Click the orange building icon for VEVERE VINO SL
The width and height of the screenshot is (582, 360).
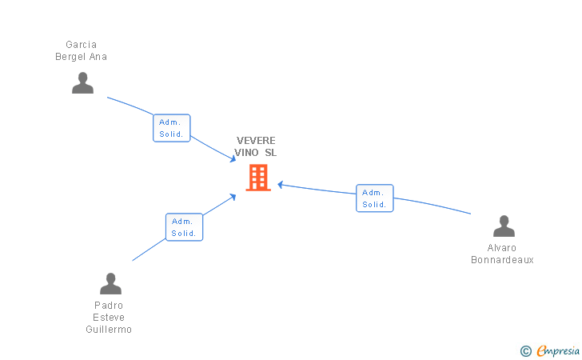tap(258, 178)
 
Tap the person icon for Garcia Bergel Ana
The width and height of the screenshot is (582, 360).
tap(82, 83)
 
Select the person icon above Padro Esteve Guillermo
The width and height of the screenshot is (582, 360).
tap(110, 283)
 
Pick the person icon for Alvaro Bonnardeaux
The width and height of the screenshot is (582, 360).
tap(504, 226)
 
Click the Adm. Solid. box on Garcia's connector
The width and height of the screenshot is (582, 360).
tap(171, 128)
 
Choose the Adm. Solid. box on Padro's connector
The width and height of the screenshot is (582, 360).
tap(184, 227)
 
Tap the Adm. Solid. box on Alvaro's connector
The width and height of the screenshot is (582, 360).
tap(374, 198)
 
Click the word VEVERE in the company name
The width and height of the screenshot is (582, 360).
tap(256, 141)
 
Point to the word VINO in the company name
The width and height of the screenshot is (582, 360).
tap(246, 153)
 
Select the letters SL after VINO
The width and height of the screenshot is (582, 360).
tap(270, 153)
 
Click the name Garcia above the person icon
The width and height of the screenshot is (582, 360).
tap(82, 45)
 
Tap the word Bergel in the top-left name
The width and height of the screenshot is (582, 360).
tap(70, 57)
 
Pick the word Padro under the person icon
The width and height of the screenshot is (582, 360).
tap(109, 306)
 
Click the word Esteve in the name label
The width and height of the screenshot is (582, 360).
tap(109, 318)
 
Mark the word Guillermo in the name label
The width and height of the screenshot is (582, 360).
tap(109, 330)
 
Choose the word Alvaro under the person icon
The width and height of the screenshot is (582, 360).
tap(502, 248)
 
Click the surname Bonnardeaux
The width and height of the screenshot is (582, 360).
tap(502, 260)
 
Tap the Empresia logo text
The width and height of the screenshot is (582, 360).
tap(558, 350)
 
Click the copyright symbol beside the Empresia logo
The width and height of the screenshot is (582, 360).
tap(526, 351)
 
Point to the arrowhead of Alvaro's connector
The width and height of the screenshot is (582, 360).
tap(281, 185)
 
